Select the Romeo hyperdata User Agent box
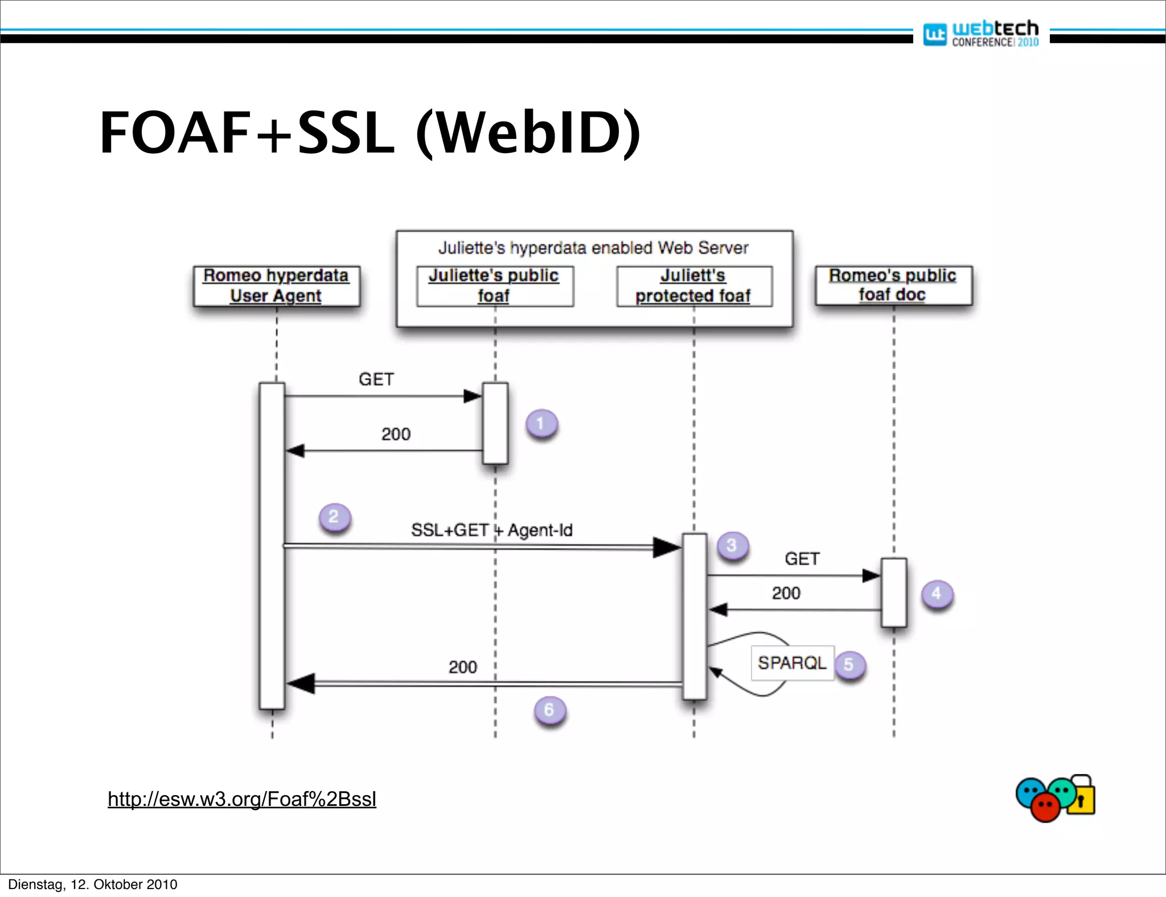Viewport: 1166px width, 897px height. click(x=276, y=286)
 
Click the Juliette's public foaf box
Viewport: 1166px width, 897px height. click(x=494, y=286)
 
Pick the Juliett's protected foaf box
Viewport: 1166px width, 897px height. click(x=693, y=286)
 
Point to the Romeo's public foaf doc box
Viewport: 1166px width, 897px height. click(x=893, y=285)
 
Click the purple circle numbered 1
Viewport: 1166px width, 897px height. click(x=541, y=423)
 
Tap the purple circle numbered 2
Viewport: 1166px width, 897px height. click(x=334, y=517)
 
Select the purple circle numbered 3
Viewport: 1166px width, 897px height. click(x=732, y=546)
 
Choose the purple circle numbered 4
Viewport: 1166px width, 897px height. click(x=937, y=594)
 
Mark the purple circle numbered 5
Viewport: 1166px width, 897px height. click(x=849, y=664)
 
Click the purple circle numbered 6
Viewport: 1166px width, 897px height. click(x=549, y=710)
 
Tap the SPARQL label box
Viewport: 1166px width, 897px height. click(x=792, y=663)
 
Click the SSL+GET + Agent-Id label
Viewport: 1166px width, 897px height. click(x=491, y=530)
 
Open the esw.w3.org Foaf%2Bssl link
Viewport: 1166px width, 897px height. click(x=242, y=799)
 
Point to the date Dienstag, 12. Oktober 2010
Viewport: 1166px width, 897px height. click(x=93, y=884)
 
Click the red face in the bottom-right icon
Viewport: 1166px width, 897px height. click(x=1045, y=807)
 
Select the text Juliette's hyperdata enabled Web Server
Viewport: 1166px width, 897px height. click(x=593, y=248)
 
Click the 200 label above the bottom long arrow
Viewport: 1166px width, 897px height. click(x=462, y=667)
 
